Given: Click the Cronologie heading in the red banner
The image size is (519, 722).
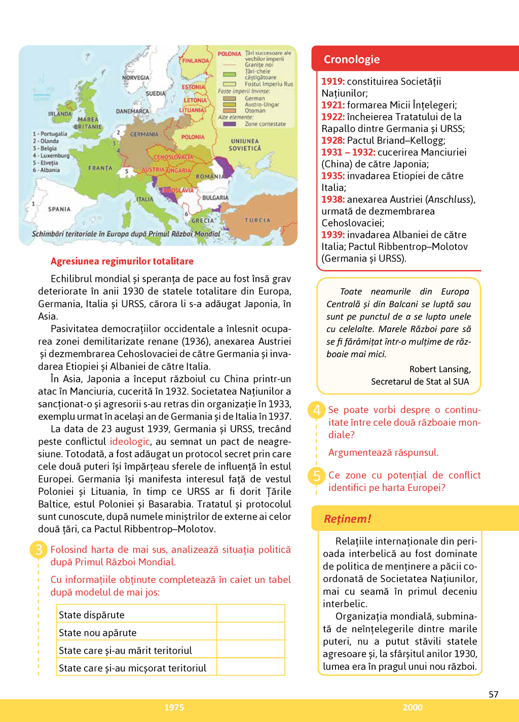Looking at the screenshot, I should click(x=352, y=59).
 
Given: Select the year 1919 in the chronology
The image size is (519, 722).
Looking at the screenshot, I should click(x=333, y=82).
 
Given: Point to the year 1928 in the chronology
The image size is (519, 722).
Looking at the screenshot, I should click(x=333, y=140).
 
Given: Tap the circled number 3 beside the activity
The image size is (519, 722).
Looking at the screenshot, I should click(x=39, y=550).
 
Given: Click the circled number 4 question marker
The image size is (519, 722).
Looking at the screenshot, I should click(x=317, y=410).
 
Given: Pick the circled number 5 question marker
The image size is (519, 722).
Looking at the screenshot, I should click(x=317, y=476).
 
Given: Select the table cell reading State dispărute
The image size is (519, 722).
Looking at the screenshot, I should click(x=92, y=615).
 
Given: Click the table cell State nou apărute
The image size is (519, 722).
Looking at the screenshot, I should click(x=98, y=633).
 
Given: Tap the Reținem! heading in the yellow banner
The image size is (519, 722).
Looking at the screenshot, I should click(x=347, y=519).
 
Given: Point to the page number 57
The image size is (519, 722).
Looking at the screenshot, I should click(x=494, y=694).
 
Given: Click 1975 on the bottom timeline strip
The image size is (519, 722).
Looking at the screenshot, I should click(x=174, y=708).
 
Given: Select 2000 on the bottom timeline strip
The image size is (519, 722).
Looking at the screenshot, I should click(x=413, y=708).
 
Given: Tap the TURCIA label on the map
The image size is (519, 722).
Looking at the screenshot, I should click(x=257, y=221).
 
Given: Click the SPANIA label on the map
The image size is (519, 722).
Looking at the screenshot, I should click(x=59, y=209).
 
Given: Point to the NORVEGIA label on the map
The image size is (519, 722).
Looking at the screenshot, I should click(x=136, y=78).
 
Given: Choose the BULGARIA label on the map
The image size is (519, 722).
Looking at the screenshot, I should click(x=215, y=198).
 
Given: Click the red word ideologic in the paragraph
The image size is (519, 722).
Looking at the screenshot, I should click(x=130, y=442).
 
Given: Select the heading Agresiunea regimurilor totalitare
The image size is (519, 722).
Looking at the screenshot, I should click(x=122, y=261).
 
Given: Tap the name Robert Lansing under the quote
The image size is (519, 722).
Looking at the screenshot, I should click(x=439, y=369).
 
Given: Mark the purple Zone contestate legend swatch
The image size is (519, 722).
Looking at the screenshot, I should click(x=230, y=124).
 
